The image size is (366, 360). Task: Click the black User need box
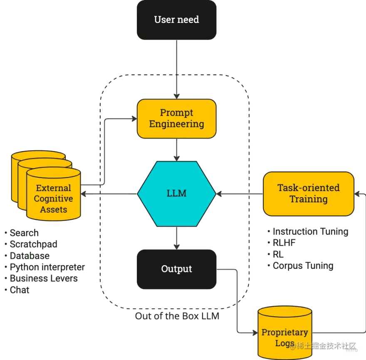(x=176, y=20)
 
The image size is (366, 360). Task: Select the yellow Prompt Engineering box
(x=176, y=119)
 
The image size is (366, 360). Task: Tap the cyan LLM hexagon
(x=176, y=193)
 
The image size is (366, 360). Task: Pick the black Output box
(x=176, y=269)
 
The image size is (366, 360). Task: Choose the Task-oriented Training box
(x=308, y=194)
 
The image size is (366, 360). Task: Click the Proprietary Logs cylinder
(x=284, y=333)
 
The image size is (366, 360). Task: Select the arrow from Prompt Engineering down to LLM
(x=177, y=150)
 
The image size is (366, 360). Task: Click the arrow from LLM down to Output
(x=177, y=237)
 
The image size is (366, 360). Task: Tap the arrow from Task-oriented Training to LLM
(x=240, y=194)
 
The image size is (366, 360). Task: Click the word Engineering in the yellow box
(x=176, y=124)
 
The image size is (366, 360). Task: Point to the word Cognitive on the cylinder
(x=53, y=199)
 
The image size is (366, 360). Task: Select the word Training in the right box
(x=308, y=199)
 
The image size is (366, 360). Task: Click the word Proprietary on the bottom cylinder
(x=284, y=333)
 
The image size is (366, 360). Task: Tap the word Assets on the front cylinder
(x=53, y=210)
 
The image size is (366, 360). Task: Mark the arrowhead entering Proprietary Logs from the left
(x=255, y=333)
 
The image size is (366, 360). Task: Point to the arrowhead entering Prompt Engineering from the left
(x=134, y=119)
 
